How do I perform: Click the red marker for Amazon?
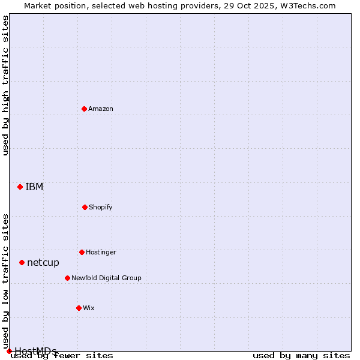[85, 109]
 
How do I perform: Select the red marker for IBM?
[20, 187]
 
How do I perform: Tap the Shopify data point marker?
[85, 207]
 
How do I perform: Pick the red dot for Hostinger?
[82, 252]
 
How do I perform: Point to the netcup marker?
[22, 262]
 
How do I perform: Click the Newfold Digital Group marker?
[67, 278]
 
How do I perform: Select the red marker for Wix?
[79, 308]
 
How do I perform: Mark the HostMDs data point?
[9, 351]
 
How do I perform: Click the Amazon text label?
[101, 109]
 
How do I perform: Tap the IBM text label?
[34, 187]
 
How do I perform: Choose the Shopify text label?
[101, 207]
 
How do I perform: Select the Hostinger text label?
[101, 252]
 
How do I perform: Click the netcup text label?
[43, 262]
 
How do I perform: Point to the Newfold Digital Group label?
[106, 278]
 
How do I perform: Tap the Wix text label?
[89, 308]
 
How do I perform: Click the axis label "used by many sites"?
[301, 356]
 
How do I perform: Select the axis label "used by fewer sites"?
[62, 356]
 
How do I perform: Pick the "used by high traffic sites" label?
[6, 85]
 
